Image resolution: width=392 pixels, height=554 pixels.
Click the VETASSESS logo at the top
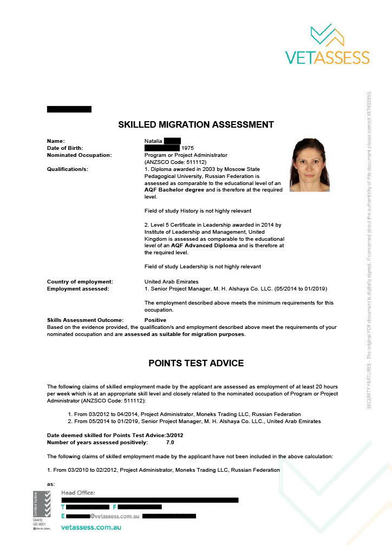pyautogui.click(x=327, y=44)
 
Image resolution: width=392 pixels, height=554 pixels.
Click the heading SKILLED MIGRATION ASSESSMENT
pyautogui.click(x=196, y=125)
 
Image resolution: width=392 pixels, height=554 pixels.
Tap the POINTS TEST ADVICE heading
pyautogui.click(x=196, y=363)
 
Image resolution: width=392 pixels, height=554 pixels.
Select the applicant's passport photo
pyautogui.click(x=310, y=165)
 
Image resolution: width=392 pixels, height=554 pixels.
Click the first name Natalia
pyautogui.click(x=154, y=141)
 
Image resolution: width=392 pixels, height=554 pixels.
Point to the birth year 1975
pyautogui.click(x=188, y=148)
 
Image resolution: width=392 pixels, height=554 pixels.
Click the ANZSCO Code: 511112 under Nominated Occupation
pyautogui.click(x=175, y=162)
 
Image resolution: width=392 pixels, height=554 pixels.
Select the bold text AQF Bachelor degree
pyautogui.click(x=174, y=190)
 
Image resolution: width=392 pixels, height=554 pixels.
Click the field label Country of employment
pyautogui.click(x=80, y=281)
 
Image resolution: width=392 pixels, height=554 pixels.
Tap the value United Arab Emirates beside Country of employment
pyautogui.click(x=171, y=281)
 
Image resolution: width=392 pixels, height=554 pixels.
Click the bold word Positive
pyautogui.click(x=155, y=320)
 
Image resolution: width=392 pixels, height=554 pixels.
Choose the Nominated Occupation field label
pyautogui.click(x=80, y=155)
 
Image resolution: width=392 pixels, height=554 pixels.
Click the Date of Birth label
pyautogui.click(x=66, y=148)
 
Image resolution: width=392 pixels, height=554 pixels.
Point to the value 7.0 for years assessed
pyautogui.click(x=170, y=443)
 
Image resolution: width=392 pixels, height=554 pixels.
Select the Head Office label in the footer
pyautogui.click(x=78, y=492)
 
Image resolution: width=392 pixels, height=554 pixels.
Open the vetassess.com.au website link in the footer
pyautogui.click(x=91, y=526)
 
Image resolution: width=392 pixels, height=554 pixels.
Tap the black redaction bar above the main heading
pyautogui.click(x=69, y=109)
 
